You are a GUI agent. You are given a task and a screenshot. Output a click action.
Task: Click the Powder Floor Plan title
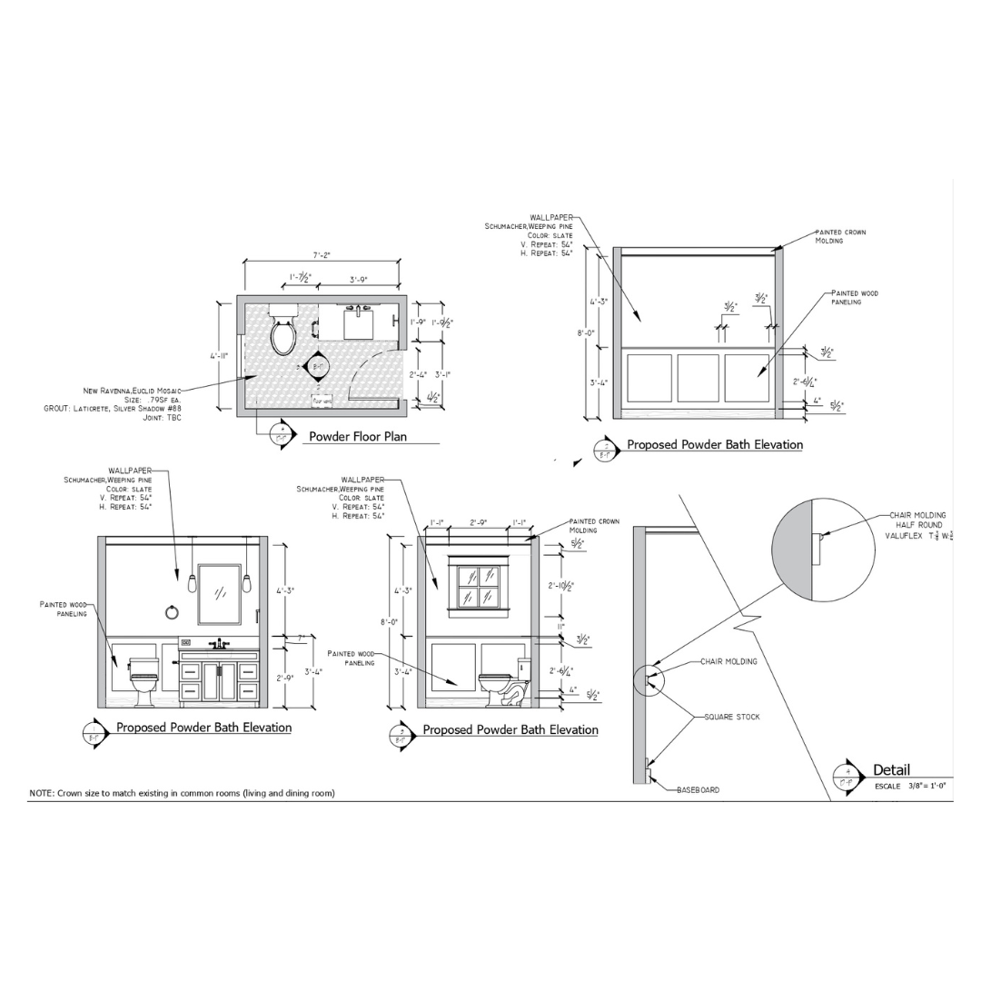357,437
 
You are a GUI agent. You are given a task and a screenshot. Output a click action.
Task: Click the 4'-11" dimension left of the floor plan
219,356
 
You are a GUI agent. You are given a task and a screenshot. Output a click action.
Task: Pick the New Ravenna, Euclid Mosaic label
132,391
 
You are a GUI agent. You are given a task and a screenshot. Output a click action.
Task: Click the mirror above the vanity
219,594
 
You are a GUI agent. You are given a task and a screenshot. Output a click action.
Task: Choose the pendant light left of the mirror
193,582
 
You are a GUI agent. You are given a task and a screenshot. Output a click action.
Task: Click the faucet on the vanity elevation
219,644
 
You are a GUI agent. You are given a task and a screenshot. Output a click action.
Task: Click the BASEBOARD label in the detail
698,790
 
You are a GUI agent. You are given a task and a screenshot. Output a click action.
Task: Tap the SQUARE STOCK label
732,717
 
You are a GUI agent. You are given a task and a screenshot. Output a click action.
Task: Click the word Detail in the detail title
891,770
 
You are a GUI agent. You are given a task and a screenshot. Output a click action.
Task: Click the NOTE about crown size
182,793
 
